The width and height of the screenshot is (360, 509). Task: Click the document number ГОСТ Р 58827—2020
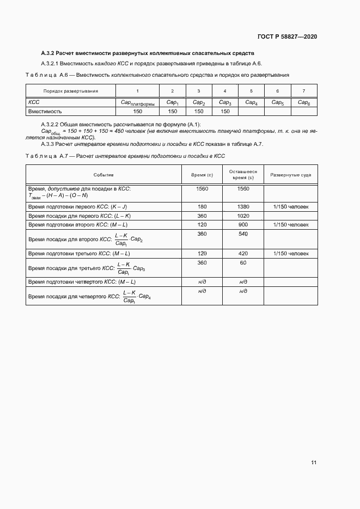[287, 36]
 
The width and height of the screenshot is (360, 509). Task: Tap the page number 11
[314, 462]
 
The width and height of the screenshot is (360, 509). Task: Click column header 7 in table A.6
[304, 91]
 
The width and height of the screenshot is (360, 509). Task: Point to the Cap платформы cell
[137, 102]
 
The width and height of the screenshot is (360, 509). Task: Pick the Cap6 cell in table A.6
[304, 102]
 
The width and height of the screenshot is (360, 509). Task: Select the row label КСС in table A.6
[34, 102]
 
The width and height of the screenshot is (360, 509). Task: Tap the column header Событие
[103, 175]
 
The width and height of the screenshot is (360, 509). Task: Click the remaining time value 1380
[243, 207]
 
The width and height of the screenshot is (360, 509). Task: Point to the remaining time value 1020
[243, 216]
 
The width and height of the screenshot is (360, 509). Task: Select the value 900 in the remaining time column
[243, 224]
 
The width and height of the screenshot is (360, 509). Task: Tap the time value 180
[202, 207]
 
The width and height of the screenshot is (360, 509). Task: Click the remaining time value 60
[243, 262]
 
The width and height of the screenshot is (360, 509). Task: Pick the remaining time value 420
[243, 254]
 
